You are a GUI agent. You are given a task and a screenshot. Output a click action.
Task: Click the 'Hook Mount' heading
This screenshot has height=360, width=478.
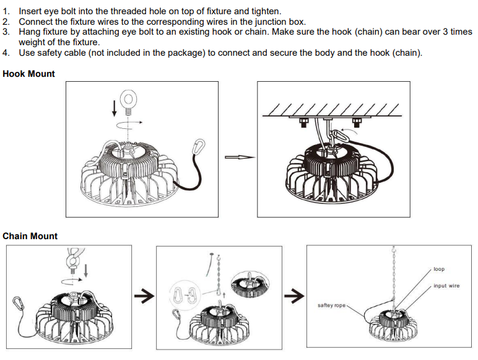point(28,74)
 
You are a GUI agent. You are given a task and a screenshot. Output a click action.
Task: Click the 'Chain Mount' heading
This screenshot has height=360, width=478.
point(30,236)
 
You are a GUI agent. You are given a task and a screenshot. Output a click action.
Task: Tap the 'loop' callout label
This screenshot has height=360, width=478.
point(439,269)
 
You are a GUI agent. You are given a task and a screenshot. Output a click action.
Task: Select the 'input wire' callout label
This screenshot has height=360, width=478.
point(446,286)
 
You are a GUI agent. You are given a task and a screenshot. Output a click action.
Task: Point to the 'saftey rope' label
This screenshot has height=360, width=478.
point(331,305)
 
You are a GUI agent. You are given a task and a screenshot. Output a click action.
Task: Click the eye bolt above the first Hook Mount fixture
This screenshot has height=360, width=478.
point(128,102)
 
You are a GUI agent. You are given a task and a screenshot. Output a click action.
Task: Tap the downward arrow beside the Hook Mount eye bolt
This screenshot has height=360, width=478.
point(115,109)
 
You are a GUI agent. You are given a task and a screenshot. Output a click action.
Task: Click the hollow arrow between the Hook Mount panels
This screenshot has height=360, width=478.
point(240,157)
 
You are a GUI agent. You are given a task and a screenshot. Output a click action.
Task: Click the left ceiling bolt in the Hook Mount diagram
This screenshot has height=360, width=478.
point(303,122)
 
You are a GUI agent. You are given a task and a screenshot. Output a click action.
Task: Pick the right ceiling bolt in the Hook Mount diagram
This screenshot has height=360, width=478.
point(357,122)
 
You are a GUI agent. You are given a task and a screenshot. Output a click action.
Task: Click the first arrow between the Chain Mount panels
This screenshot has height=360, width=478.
point(144,296)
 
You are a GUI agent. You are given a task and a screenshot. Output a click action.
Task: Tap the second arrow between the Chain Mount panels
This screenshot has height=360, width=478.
point(294,296)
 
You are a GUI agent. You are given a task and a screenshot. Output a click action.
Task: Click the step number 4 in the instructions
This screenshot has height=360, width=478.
point(6,53)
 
